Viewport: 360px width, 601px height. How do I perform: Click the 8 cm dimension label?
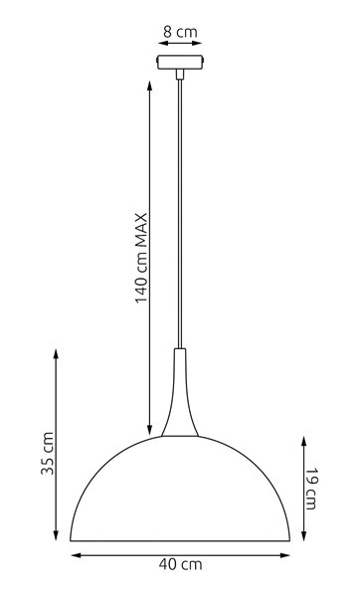179,32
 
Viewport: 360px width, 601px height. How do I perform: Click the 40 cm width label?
180,565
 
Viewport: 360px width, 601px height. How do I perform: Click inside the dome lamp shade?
179,488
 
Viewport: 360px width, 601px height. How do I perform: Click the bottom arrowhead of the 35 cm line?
56,538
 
